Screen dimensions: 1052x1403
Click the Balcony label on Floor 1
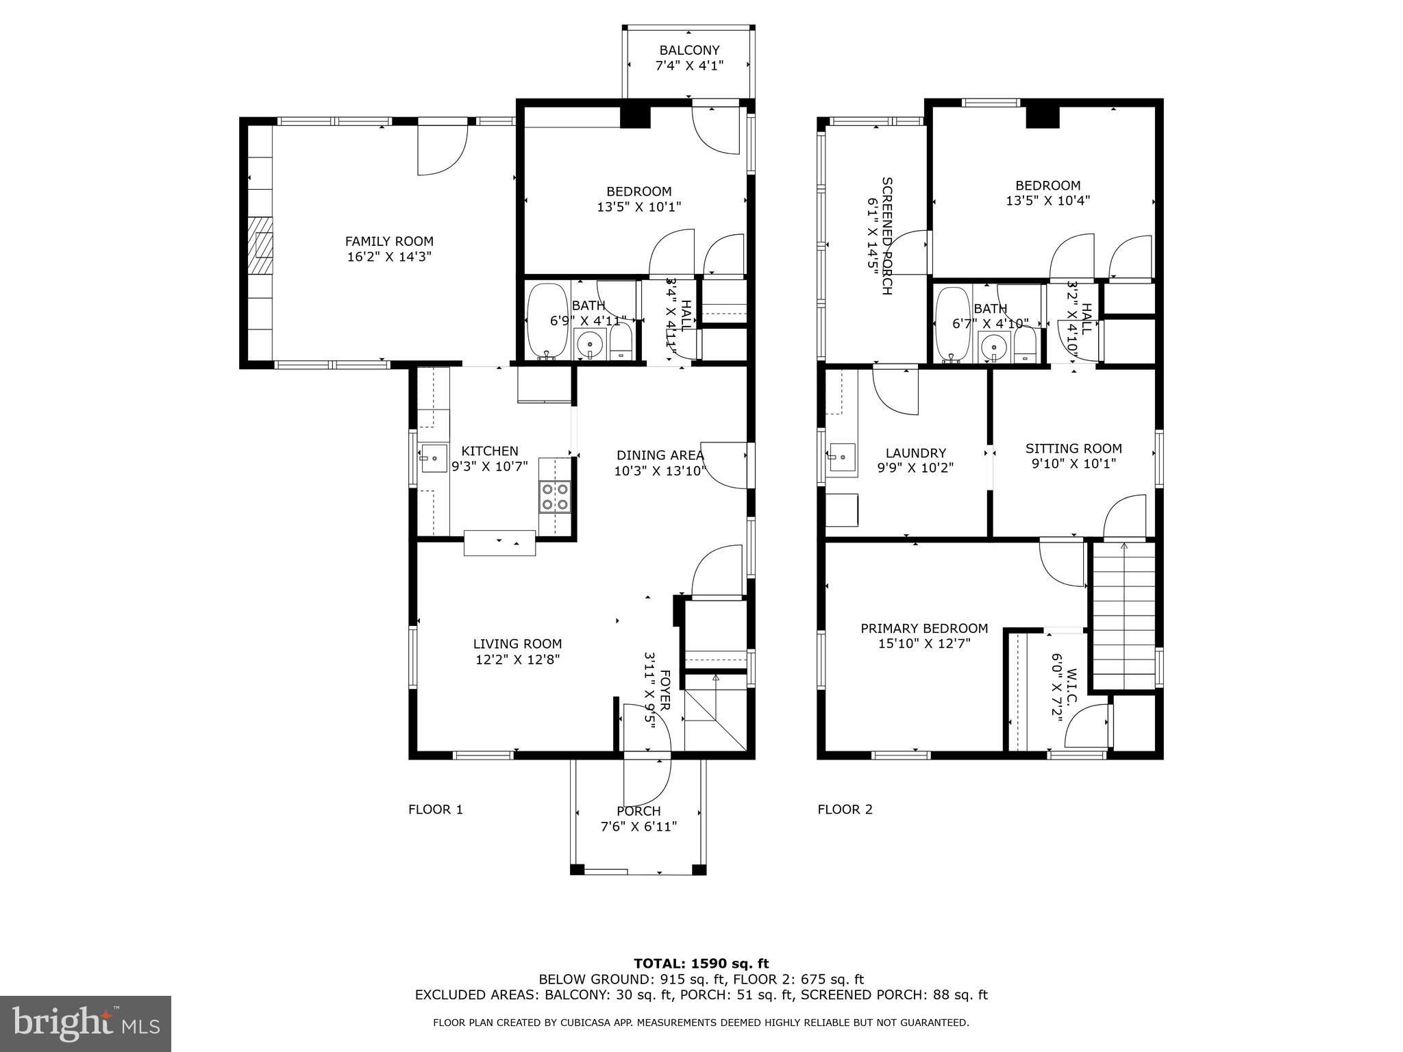(689, 50)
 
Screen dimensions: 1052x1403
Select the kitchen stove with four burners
(555, 497)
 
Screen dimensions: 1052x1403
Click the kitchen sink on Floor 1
(433, 458)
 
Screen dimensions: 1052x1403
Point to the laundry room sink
(842, 458)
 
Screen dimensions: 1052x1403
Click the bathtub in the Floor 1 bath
(546, 321)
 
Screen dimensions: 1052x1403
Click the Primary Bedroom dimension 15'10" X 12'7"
(924, 644)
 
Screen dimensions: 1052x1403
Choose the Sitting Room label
(1073, 449)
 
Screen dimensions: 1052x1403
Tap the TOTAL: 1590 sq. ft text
(701, 964)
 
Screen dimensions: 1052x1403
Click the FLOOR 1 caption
(436, 810)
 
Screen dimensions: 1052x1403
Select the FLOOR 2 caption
(845, 810)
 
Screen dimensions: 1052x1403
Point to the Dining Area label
(660, 455)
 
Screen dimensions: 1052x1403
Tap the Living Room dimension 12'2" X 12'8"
(517, 660)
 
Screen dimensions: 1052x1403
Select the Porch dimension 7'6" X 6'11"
(638, 827)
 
